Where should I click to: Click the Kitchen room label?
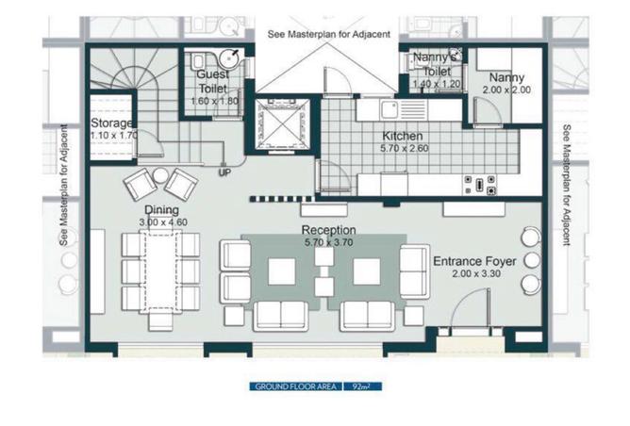[x=402, y=136]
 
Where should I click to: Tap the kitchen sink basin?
[x=389, y=109]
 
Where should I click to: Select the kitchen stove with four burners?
[x=479, y=185]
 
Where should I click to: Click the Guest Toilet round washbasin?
[x=229, y=59]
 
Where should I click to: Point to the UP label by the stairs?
[x=225, y=172]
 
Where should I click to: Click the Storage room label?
[x=111, y=123]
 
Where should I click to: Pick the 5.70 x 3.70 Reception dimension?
[x=328, y=242]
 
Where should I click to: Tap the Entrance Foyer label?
[x=474, y=261]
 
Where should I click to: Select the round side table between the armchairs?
[x=160, y=176]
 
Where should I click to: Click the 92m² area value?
[x=361, y=386]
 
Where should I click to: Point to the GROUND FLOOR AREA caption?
[x=296, y=386]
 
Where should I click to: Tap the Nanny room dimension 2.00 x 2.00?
[x=506, y=90]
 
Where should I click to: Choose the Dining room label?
[x=161, y=209]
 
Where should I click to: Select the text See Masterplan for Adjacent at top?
[x=328, y=35]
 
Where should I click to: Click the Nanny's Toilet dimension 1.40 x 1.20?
[x=437, y=84]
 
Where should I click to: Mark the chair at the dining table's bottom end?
[x=160, y=320]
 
